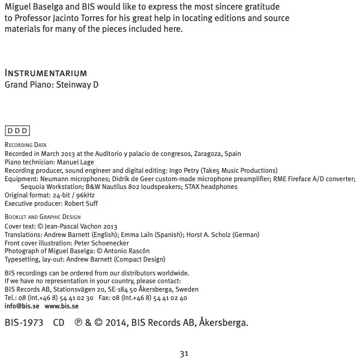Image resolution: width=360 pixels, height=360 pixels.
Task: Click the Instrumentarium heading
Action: click(46, 73)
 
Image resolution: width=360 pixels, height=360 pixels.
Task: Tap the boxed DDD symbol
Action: click(17, 131)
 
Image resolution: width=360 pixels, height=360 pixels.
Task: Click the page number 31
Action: click(184, 353)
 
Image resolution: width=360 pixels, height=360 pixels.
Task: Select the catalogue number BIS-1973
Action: click(24, 323)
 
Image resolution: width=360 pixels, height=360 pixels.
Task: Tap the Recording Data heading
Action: click(25, 145)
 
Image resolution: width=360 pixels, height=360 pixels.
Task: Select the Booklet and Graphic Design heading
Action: click(43, 217)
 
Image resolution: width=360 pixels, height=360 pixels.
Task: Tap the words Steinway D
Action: click(77, 85)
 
